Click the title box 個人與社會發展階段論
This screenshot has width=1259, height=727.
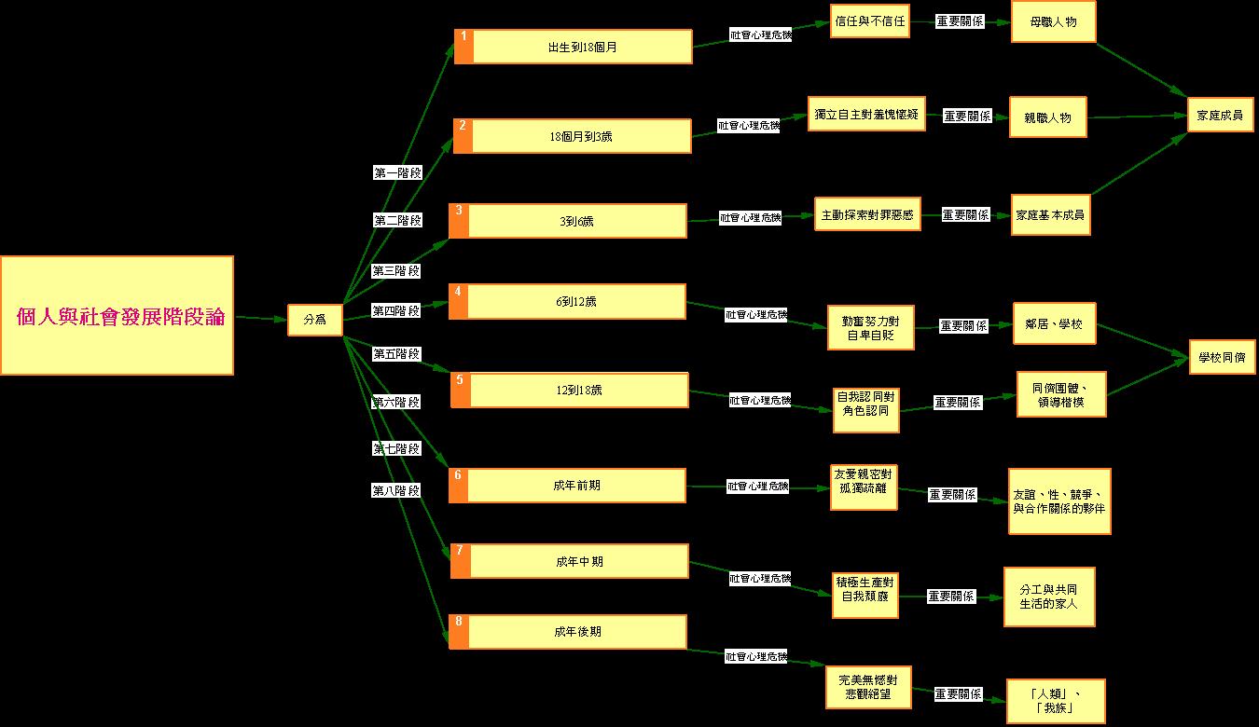[117, 316]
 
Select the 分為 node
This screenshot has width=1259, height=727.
[314, 320]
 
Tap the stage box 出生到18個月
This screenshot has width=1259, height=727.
[582, 47]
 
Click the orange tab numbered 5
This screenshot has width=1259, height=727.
[460, 390]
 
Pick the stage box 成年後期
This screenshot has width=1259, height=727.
[576, 632]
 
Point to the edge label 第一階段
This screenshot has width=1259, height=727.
[397, 172]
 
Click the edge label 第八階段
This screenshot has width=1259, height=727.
[395, 490]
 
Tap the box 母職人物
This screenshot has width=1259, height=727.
[1053, 21]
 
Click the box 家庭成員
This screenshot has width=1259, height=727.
[1219, 116]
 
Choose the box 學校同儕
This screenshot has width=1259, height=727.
[1222, 357]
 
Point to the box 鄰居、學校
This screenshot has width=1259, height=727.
[1054, 327]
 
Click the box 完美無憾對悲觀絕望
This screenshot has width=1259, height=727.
[867, 687]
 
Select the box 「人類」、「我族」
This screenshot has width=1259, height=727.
[1057, 701]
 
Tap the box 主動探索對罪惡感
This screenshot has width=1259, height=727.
[867, 214]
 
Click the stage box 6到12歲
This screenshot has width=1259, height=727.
[575, 301]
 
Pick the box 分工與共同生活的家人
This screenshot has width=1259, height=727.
[1049, 597]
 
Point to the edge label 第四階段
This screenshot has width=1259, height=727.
[395, 310]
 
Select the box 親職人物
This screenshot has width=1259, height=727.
[1047, 118]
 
